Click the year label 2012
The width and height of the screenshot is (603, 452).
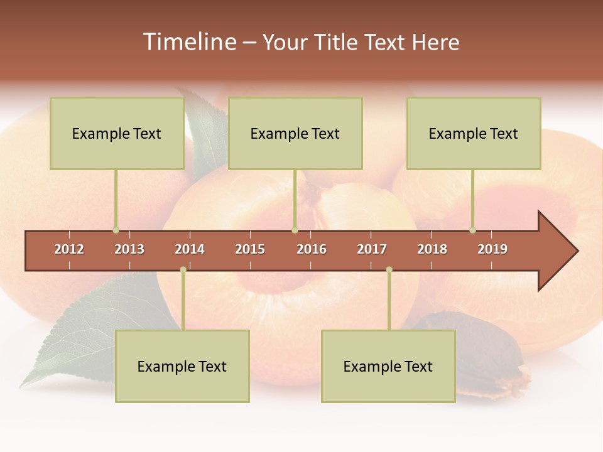tap(69, 249)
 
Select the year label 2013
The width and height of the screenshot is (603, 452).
tap(129, 249)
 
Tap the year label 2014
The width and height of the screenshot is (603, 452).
tap(190, 249)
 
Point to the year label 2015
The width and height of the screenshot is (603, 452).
tap(250, 249)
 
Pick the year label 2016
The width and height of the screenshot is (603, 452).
tap(312, 249)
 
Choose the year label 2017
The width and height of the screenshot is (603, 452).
tap(372, 249)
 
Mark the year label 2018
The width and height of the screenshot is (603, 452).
tap(432, 249)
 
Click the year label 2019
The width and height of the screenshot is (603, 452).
tap(492, 249)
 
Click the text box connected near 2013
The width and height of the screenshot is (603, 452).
tap(117, 133)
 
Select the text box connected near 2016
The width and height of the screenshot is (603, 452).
tap(295, 133)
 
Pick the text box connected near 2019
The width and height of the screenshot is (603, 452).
tap(474, 133)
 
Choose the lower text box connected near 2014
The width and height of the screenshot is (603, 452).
tap(182, 366)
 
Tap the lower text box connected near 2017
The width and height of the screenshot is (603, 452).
tap(388, 366)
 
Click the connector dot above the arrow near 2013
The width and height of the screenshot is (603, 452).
tap(116, 230)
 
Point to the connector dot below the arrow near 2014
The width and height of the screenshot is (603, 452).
tap(183, 270)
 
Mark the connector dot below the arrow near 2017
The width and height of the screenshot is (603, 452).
tap(389, 270)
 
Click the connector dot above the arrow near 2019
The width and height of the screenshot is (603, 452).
tap(472, 230)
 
